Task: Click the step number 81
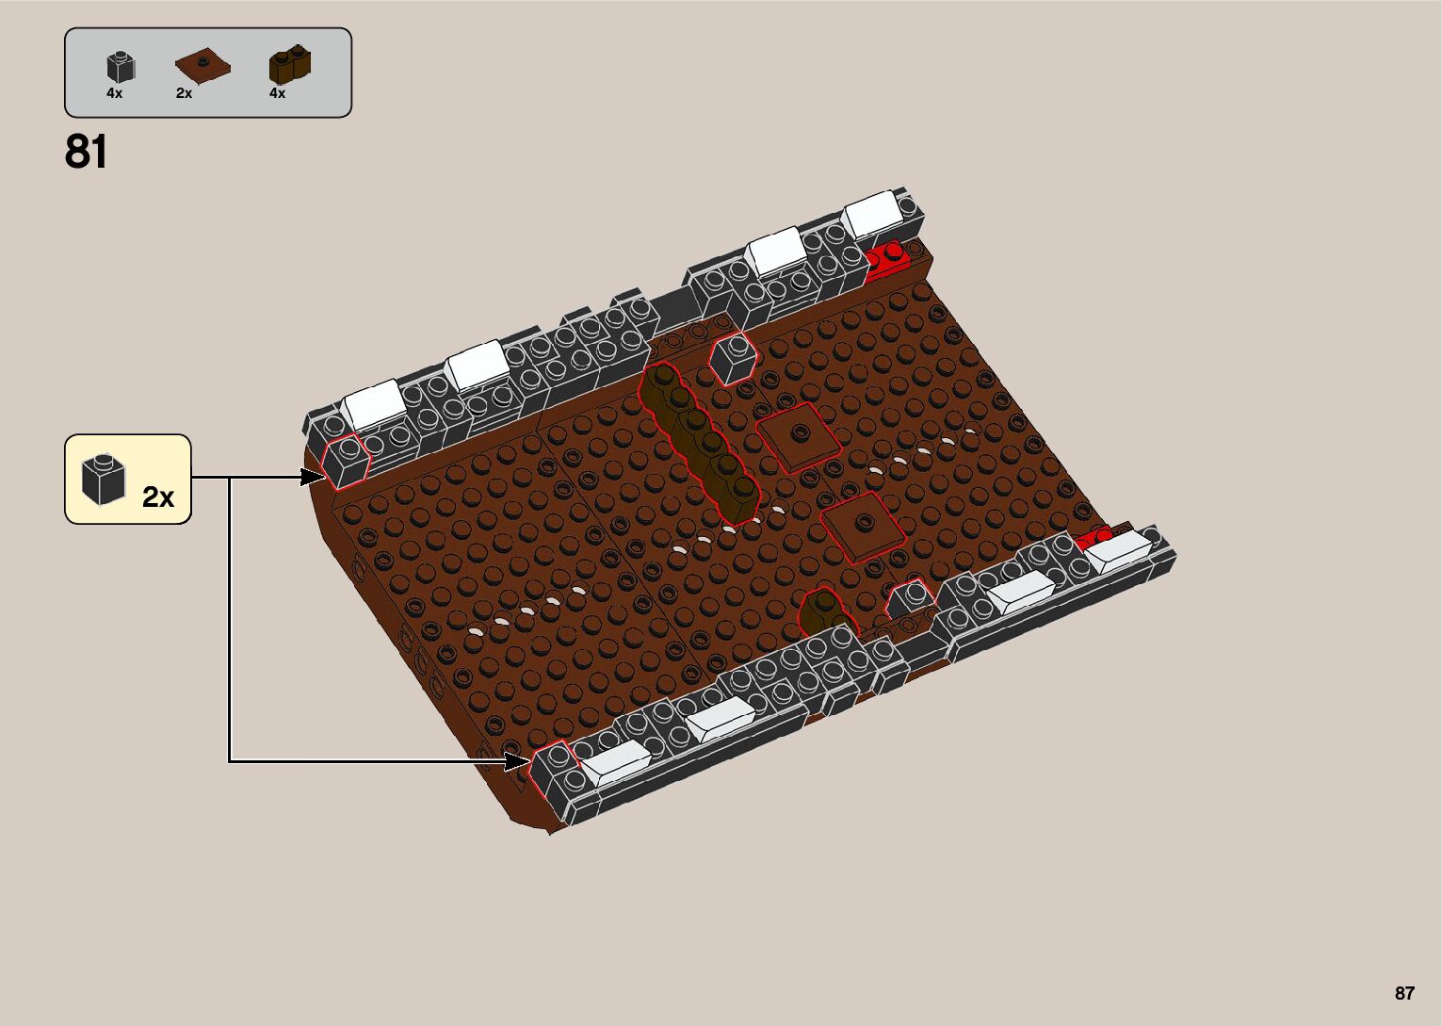[86, 152]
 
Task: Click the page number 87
[1404, 993]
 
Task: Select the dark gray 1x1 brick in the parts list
[121, 67]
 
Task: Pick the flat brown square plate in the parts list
[203, 66]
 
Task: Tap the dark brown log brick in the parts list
[290, 64]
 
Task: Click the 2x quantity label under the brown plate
[184, 93]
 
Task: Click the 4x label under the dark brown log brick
[278, 93]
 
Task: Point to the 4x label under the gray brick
[115, 93]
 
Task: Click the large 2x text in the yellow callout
[158, 497]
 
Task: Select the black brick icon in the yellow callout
[103, 480]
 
